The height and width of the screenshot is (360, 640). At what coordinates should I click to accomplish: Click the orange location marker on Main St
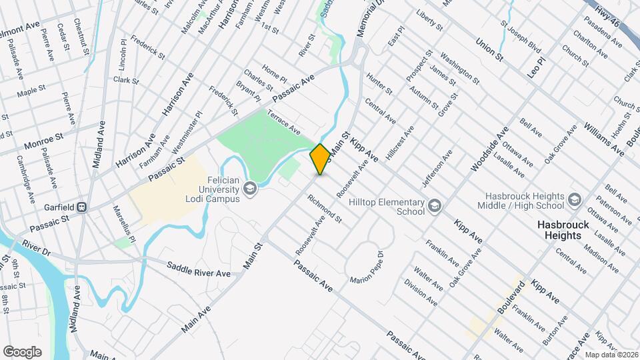click(x=320, y=159)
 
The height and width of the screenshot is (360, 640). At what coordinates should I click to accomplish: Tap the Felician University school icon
click(x=250, y=189)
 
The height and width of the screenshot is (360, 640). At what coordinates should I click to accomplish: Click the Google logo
click(x=22, y=351)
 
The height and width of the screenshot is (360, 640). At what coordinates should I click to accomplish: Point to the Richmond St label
click(x=325, y=207)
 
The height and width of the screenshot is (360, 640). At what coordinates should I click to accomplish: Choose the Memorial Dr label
click(x=366, y=18)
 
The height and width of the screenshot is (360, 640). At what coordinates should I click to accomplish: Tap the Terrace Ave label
click(x=284, y=121)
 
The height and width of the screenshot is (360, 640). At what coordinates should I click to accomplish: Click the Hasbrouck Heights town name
click(x=563, y=231)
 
